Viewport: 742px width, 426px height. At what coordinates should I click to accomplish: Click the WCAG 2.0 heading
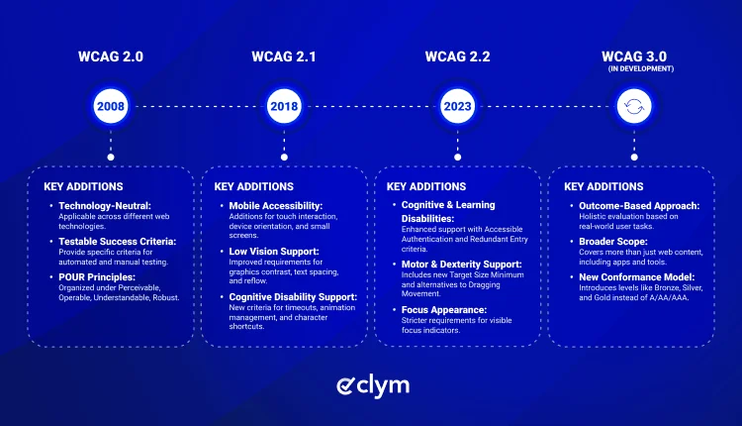point(111,56)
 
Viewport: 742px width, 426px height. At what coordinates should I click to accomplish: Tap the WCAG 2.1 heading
point(284,56)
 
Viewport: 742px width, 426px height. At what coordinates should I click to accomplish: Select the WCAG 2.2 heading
point(458,56)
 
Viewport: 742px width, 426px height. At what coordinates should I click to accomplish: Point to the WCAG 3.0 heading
point(634,56)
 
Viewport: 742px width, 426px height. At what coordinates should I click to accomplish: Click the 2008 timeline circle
point(111,106)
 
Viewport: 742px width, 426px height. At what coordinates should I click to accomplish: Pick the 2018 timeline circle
point(284,106)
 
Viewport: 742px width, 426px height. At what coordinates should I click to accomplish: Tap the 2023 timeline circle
point(458,106)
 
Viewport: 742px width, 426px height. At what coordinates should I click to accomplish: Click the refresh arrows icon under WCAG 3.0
point(634,106)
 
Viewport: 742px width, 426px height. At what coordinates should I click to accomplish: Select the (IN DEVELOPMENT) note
point(641,68)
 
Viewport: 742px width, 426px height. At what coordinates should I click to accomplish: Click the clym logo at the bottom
point(373,386)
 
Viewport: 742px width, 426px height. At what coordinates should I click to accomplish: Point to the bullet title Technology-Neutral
point(105,206)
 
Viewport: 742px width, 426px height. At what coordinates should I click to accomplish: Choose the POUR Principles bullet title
point(97,277)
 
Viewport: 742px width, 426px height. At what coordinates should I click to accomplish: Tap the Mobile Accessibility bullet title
point(275,206)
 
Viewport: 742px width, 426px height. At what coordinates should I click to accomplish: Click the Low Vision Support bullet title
point(274,252)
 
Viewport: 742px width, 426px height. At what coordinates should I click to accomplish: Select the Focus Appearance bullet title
point(444,310)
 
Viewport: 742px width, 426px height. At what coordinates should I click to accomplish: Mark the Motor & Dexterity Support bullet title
point(461,264)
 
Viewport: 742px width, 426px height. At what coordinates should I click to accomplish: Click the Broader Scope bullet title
point(613,242)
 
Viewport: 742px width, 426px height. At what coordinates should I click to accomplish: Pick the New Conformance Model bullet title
point(637,277)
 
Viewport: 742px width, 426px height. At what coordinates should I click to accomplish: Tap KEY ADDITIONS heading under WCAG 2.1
point(254,186)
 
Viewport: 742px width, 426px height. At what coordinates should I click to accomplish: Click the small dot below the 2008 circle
point(111,158)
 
